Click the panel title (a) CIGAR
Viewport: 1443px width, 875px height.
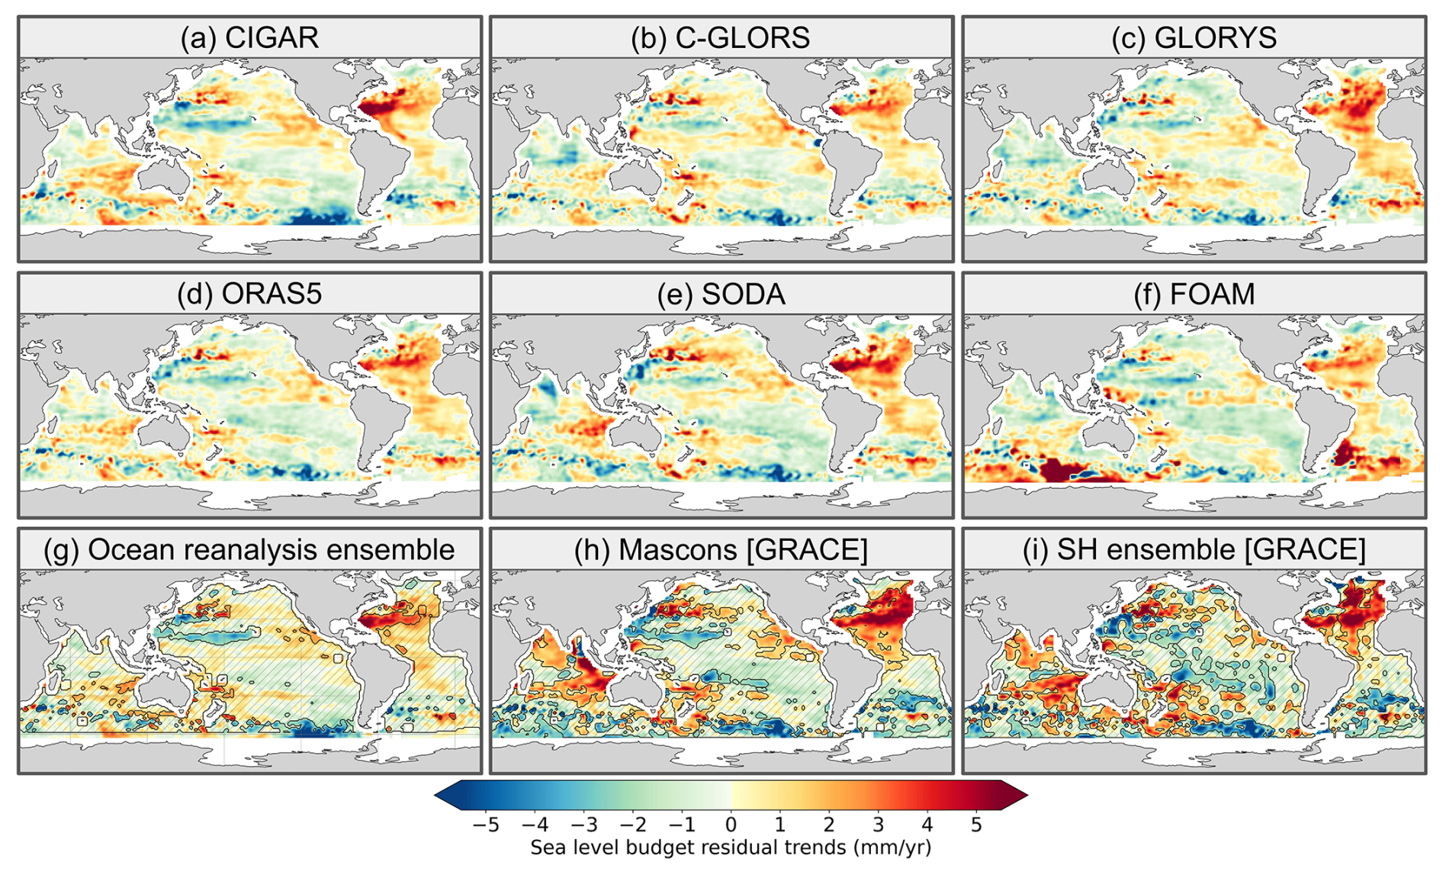coord(249,37)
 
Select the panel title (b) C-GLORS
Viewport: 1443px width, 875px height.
coord(721,37)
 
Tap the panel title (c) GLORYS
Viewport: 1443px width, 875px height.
coord(1194,37)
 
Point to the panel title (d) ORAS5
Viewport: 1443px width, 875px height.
coord(249,294)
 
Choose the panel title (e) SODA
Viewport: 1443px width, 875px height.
coord(721,294)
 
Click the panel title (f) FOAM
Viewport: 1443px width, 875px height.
coord(1194,294)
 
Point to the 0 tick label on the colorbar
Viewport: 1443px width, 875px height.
coord(731,825)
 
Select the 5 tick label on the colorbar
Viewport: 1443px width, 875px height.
coord(976,825)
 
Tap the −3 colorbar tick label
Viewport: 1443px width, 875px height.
coord(583,825)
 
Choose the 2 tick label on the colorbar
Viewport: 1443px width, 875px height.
coord(829,825)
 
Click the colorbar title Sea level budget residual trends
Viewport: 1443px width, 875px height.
coord(731,848)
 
